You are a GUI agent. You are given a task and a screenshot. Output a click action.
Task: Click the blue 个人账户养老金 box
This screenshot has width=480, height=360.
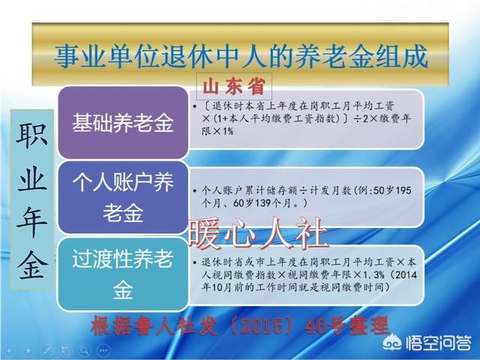pos(122,196)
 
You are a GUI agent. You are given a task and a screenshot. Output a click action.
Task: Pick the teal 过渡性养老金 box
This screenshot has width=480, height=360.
pos(122,274)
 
